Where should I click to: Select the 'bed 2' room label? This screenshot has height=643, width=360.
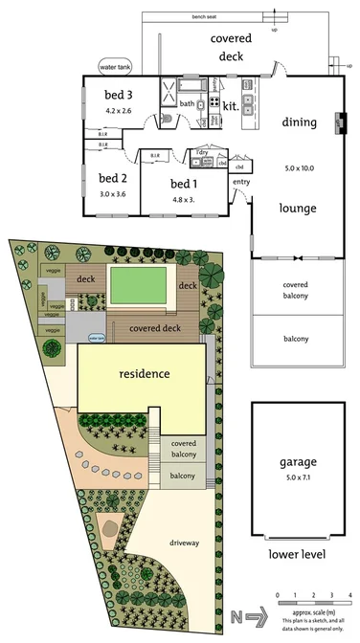coord(113,178)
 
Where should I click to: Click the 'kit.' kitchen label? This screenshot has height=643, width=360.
coord(231,106)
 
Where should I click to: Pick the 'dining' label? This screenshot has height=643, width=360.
coord(300,122)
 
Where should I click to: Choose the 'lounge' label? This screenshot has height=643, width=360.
coord(298,207)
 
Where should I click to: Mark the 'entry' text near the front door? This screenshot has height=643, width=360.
coord(241,182)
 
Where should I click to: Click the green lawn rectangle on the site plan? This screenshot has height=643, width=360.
coord(140,284)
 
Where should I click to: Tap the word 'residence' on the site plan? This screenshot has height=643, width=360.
coord(144,373)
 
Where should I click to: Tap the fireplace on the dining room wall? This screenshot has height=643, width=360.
coord(338,122)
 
